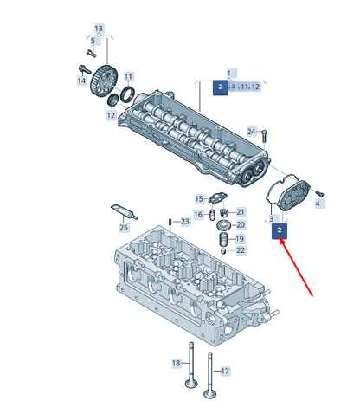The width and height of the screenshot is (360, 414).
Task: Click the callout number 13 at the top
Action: pos(99,29)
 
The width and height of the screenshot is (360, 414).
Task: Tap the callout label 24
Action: pos(251,132)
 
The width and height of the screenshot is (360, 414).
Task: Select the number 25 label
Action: pos(124,227)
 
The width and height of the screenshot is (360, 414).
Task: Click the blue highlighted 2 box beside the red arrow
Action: pos(280,230)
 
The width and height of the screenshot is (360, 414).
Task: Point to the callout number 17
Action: pos(225,371)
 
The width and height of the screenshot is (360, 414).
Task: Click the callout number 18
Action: pos(177,363)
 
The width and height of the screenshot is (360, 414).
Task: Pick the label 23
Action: pos(185,222)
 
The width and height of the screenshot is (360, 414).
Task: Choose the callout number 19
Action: pos(240,239)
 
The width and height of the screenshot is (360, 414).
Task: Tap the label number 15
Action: pos(199,198)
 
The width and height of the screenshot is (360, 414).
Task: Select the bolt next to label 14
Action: pos(85,69)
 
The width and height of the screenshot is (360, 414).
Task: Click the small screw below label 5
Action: pos(91,53)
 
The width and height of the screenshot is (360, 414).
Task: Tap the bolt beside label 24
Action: pos(265,136)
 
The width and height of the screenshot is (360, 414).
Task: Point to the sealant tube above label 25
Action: pos(124,211)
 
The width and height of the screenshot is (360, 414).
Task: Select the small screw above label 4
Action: pos(319,193)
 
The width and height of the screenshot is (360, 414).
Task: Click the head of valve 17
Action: pos(209,394)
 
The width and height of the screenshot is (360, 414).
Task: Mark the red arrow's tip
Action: pos(280,239)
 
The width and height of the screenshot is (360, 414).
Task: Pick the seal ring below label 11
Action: pos(128,94)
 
